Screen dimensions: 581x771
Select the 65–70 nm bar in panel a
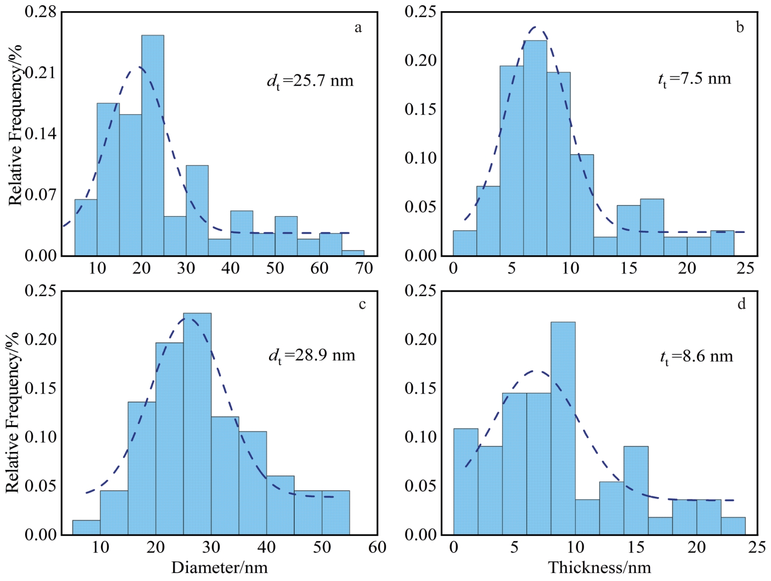pos(353,253)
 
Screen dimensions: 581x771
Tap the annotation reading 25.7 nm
pos(310,81)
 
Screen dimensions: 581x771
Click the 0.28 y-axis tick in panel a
pos(41,12)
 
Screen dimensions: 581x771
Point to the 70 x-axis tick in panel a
pos(364,268)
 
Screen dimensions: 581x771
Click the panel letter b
pos(740,27)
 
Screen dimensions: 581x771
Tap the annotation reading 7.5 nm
pos(695,79)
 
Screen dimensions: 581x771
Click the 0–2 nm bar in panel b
pos(465,243)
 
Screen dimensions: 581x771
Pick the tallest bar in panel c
pos(197,424)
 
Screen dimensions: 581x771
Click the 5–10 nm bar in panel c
pos(86,527)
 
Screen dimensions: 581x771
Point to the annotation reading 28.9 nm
pos(312,356)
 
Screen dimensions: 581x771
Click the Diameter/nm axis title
pos(220,567)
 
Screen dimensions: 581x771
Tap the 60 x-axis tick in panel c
pos(377,547)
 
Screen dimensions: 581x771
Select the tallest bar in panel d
pos(563,428)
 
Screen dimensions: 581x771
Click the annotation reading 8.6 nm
pos(696,357)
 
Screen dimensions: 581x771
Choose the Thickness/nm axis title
pos(599,567)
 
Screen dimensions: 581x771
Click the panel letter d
pos(741,304)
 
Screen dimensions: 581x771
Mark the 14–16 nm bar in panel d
pos(636,490)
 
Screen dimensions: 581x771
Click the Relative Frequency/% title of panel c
pos(13,412)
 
